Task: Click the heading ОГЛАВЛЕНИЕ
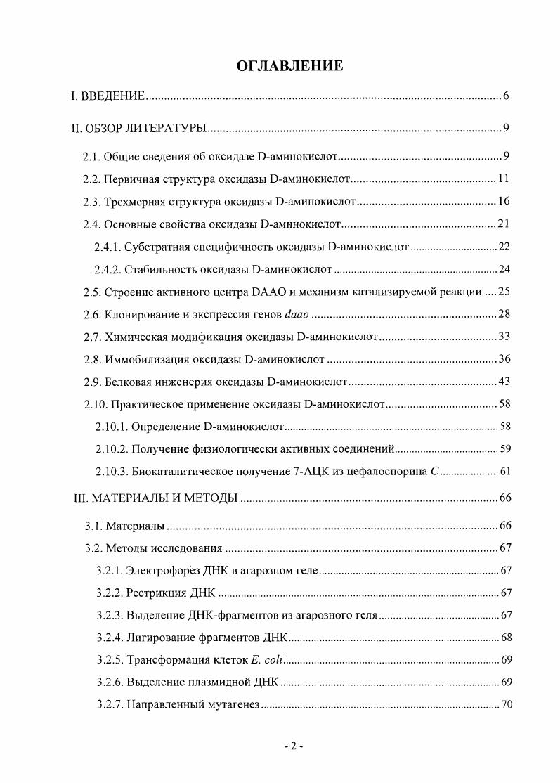[x=280, y=66]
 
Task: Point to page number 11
[x=503, y=179]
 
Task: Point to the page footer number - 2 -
[x=294, y=747]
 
